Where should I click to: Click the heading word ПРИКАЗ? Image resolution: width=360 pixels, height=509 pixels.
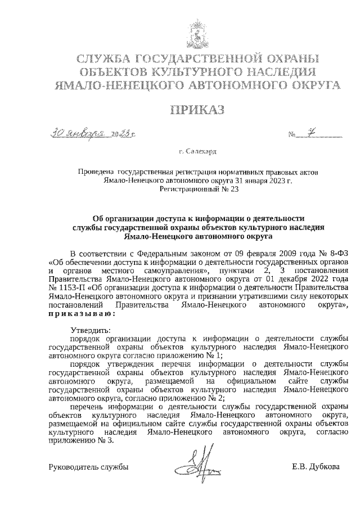[180, 110]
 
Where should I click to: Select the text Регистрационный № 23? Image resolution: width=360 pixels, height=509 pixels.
[199, 190]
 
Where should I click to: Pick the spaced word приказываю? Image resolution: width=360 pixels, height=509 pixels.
[83, 314]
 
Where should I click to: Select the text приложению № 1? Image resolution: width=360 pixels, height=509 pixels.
[195, 355]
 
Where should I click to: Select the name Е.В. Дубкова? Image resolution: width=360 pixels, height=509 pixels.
[316, 467]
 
